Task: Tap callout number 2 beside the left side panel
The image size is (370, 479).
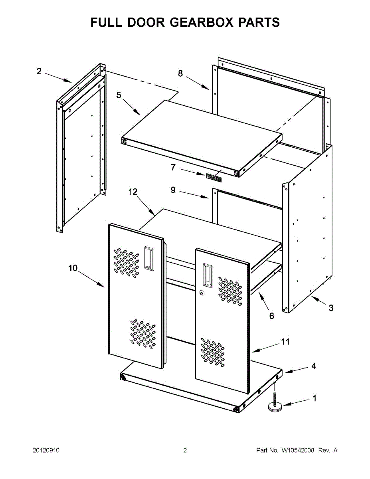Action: [x=39, y=71]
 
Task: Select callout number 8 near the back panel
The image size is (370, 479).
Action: [x=180, y=73]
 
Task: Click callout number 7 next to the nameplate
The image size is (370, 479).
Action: [x=173, y=168]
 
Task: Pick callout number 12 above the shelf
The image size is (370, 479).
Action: [x=133, y=192]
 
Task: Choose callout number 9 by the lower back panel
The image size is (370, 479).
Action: [x=173, y=190]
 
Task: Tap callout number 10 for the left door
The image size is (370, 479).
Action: [x=73, y=268]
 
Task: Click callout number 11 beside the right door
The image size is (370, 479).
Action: [x=285, y=342]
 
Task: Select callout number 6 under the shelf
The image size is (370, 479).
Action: [x=271, y=316]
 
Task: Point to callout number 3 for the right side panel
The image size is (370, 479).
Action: [x=331, y=308]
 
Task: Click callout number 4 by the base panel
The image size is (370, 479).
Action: [x=314, y=366]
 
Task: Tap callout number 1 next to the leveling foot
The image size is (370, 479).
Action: [x=314, y=398]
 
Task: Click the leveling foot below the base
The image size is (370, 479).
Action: [x=274, y=405]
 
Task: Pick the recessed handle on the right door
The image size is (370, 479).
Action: [x=208, y=275]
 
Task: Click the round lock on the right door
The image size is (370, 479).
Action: [x=202, y=293]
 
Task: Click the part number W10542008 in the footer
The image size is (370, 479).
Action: [x=298, y=451]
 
